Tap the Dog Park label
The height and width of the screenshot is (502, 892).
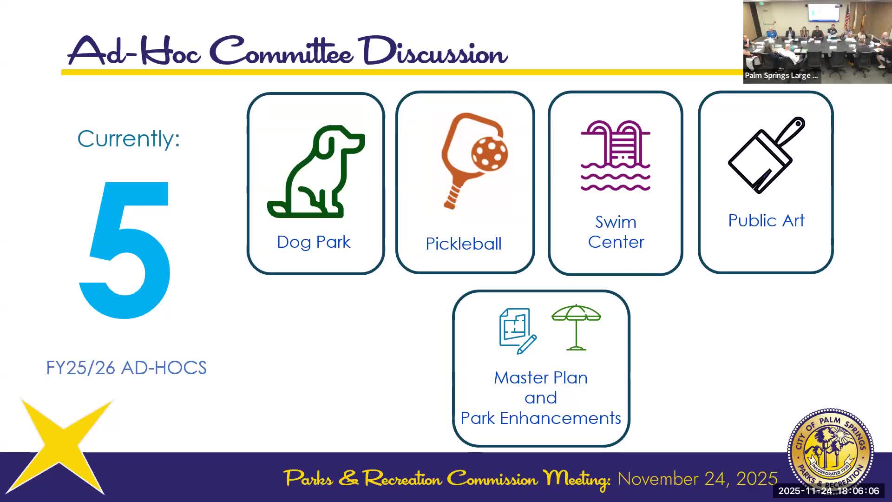tap(314, 242)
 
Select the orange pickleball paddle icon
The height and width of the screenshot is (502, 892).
tap(472, 158)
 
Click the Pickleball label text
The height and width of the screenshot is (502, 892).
tap(464, 244)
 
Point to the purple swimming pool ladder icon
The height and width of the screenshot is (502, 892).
tap(615, 156)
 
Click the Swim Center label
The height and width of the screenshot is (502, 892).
tap(616, 232)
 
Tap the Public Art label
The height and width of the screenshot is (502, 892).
tap(766, 220)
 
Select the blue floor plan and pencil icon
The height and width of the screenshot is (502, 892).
tap(517, 330)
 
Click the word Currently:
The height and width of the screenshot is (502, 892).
tap(129, 139)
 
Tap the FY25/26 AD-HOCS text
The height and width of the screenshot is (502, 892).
tap(126, 368)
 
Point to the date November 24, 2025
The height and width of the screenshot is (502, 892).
tap(697, 479)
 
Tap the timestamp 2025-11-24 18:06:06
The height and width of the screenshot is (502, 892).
tap(828, 491)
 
